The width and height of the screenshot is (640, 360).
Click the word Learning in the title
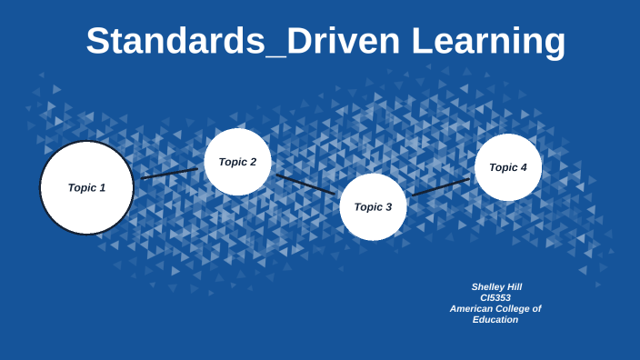488,42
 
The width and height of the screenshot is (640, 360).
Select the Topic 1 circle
86,187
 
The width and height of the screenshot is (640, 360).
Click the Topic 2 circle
237,162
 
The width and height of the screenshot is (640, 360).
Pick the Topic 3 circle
373,207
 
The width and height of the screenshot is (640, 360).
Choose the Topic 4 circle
508,167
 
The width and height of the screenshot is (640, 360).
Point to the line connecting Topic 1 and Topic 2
169,173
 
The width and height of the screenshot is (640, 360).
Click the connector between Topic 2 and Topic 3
305,184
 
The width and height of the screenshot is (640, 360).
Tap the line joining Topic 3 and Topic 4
441,186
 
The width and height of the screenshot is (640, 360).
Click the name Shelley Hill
496,286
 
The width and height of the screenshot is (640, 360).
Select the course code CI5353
495,297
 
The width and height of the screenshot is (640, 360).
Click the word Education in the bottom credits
495,319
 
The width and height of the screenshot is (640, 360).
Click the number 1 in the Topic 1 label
102,187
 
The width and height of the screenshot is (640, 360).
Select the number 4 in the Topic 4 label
523,167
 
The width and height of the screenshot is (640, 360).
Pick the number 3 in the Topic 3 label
388,207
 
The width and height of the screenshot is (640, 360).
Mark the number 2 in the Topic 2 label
253,162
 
